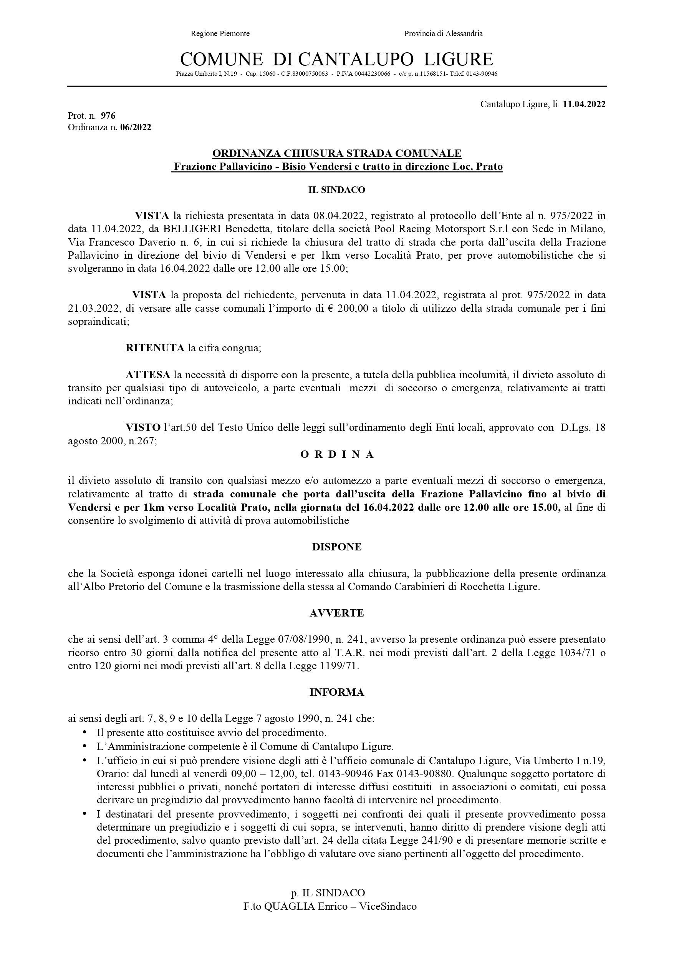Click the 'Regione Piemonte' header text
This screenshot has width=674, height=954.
point(220,34)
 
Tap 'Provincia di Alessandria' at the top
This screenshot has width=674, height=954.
point(443,34)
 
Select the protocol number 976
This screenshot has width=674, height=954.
point(108,116)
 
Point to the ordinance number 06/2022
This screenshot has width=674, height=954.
point(136,128)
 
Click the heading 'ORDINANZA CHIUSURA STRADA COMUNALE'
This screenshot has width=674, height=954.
point(336,153)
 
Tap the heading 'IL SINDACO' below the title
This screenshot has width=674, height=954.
point(336,190)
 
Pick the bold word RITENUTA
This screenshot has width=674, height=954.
point(154,348)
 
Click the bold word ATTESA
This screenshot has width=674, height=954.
point(147,375)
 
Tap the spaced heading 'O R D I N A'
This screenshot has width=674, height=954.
point(336,455)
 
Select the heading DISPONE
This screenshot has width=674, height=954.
point(336,547)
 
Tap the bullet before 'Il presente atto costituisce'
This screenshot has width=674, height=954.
point(85,732)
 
